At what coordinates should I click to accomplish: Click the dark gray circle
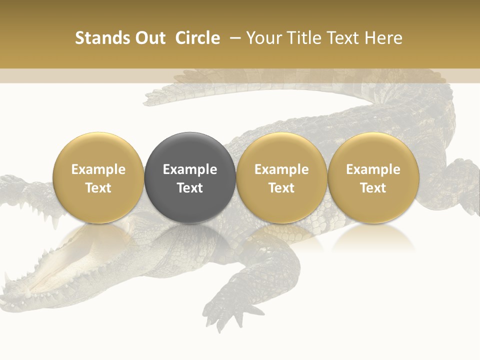click(x=190, y=177)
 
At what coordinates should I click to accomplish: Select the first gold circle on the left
click(x=98, y=177)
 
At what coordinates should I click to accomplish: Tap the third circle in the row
click(x=281, y=177)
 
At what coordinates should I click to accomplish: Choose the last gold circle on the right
click(x=373, y=177)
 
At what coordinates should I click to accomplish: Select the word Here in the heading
click(x=383, y=38)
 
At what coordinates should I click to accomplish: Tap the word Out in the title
click(x=149, y=38)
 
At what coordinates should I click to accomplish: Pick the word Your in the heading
click(x=263, y=38)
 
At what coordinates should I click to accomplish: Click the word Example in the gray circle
click(x=190, y=169)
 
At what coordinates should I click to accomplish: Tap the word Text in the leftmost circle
click(x=98, y=188)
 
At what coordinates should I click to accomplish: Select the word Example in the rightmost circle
click(x=373, y=169)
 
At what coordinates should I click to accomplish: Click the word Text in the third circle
click(x=281, y=188)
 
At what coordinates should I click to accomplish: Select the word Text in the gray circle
click(x=190, y=188)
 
